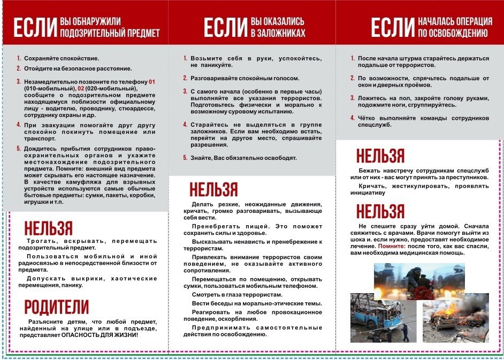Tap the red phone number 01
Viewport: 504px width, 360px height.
coord(151,81)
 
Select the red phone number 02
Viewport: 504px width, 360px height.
coord(81,88)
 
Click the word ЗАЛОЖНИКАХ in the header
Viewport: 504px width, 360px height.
coord(278,33)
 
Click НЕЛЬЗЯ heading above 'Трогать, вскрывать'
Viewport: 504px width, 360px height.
coord(48,228)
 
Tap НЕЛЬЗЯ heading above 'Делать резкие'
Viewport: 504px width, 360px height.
coord(213,189)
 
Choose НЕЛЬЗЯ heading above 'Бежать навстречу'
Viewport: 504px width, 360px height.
coord(380,156)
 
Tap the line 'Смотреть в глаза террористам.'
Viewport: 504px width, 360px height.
coord(236,295)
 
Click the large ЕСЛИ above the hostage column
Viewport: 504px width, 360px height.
coord(225,27)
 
